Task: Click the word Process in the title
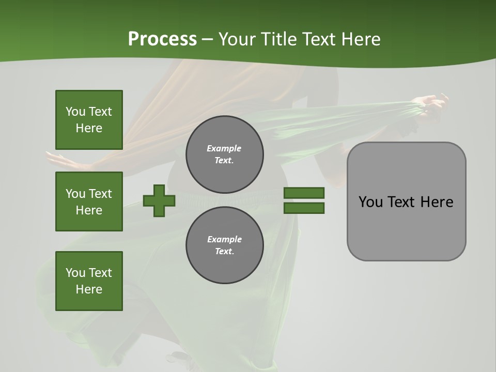click(162, 39)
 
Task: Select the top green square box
click(89, 120)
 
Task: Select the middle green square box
click(89, 202)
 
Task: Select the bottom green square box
click(89, 281)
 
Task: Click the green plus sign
click(159, 200)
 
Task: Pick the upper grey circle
click(225, 154)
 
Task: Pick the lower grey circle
click(225, 245)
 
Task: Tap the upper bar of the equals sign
click(304, 193)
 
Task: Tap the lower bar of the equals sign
click(304, 208)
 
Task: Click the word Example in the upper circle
click(224, 148)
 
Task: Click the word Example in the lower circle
click(224, 239)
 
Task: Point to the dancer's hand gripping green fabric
click(431, 103)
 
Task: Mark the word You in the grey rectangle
click(370, 202)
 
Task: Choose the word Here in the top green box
click(89, 128)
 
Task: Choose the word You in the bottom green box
click(75, 273)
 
